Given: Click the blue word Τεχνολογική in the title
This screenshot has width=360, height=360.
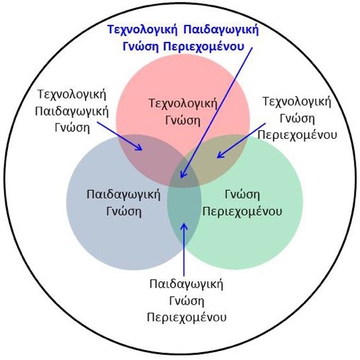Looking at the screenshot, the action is coord(142,30).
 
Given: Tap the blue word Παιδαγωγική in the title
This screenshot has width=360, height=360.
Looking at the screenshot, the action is coord(221,30).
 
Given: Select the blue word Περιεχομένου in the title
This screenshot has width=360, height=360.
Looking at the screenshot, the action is coord(203,46).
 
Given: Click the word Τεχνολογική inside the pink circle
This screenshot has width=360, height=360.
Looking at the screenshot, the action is coord(183,103).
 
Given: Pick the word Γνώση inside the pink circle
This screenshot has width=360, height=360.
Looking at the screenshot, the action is coord(183,120).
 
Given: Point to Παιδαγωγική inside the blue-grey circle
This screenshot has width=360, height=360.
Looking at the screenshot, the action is coord(123,195).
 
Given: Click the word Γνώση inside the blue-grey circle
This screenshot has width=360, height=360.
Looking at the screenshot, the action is coord(124,211).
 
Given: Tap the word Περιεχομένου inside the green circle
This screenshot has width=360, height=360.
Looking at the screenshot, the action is coord(242,211).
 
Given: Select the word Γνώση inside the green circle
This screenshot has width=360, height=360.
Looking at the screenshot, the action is coord(242,195).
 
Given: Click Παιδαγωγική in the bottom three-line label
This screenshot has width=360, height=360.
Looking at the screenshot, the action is coord(186,284).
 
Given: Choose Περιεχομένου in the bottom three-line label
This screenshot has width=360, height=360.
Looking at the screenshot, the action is coord(186,317).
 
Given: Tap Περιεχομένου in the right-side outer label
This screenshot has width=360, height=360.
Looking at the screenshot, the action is coord(297,135).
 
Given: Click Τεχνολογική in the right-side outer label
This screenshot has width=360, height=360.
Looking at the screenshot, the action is coord(297,102).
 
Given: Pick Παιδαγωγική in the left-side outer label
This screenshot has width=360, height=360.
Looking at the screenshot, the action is coord(72,111).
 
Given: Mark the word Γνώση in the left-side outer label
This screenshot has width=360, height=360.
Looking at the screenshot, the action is coord(72,128).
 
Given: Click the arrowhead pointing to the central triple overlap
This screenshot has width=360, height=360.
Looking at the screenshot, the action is coord(183,174).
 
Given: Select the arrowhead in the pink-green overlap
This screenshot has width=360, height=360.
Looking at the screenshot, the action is coord(220,154).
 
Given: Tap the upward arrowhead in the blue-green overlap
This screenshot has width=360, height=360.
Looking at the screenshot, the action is coord(184,227).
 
